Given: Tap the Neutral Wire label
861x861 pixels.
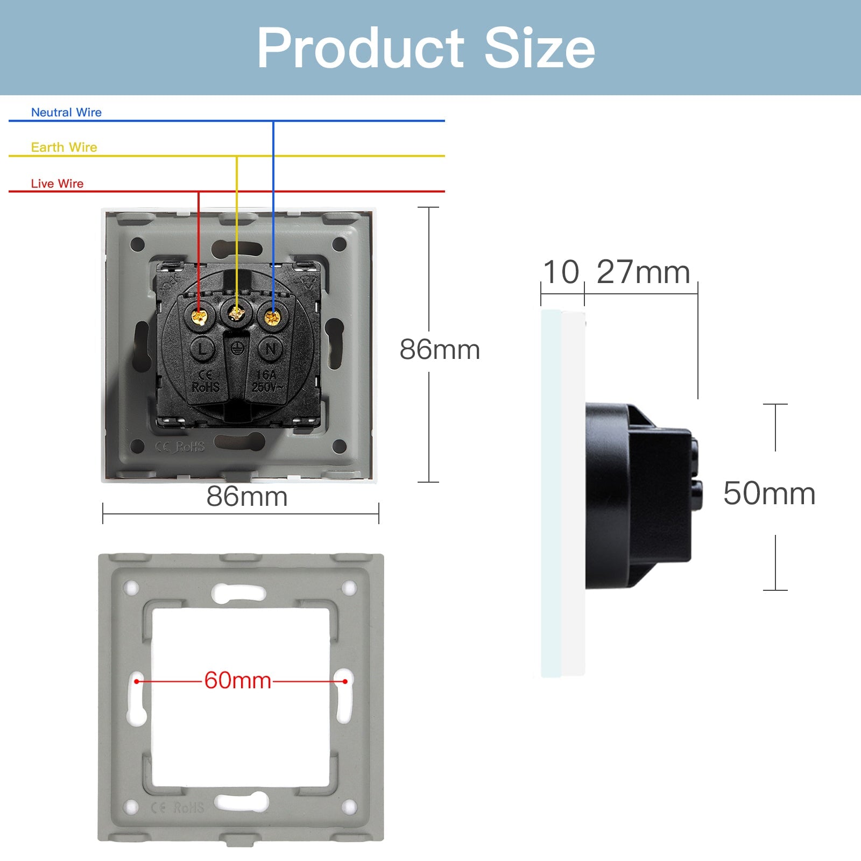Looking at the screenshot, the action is (66, 112).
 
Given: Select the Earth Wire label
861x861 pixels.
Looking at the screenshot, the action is (64, 147).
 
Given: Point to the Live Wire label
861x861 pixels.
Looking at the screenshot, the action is (57, 184).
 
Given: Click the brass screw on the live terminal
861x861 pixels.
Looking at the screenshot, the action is (200, 317).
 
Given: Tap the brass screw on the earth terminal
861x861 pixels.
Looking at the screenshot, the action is (236, 313).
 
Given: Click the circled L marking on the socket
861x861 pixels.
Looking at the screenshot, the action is (202, 349).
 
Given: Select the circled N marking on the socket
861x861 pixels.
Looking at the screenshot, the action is (271, 349).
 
